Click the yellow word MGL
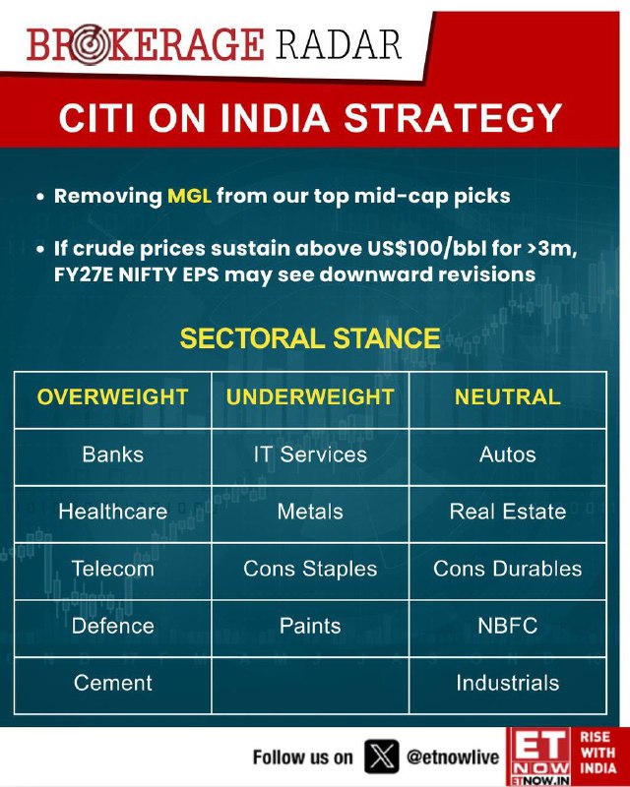pyautogui.click(x=189, y=196)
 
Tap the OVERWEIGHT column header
pyautogui.click(x=112, y=397)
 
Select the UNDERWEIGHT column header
pyautogui.click(x=310, y=397)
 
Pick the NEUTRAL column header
pyautogui.click(x=507, y=397)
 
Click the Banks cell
pyautogui.click(x=112, y=454)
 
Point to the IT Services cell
pyautogui.click(x=310, y=454)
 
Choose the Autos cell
pyautogui.click(x=507, y=454)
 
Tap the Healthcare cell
pyautogui.click(x=112, y=512)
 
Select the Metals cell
pyautogui.click(x=310, y=512)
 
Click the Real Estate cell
pyautogui.click(x=507, y=512)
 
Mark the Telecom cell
pyautogui.click(x=112, y=569)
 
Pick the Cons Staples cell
pyautogui.click(x=310, y=569)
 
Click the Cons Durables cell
pyautogui.click(x=507, y=569)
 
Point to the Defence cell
pyautogui.click(x=112, y=626)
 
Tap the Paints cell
pyautogui.click(x=310, y=626)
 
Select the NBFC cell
pyautogui.click(x=507, y=626)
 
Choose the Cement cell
pyautogui.click(x=112, y=683)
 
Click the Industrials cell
pyautogui.click(x=507, y=683)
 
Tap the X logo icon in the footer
pyautogui.click(x=381, y=757)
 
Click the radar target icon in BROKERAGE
pyautogui.click(x=90, y=44)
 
